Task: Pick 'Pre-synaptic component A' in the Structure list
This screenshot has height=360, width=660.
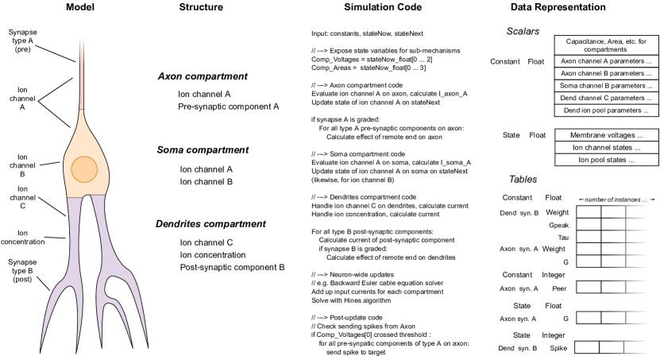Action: (x=229, y=106)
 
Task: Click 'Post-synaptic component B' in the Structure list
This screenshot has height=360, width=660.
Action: (x=232, y=268)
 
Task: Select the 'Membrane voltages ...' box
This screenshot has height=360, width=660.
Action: (x=606, y=135)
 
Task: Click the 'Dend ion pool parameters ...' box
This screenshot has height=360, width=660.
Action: (x=606, y=110)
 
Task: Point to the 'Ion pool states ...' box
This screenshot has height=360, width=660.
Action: (x=606, y=161)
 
